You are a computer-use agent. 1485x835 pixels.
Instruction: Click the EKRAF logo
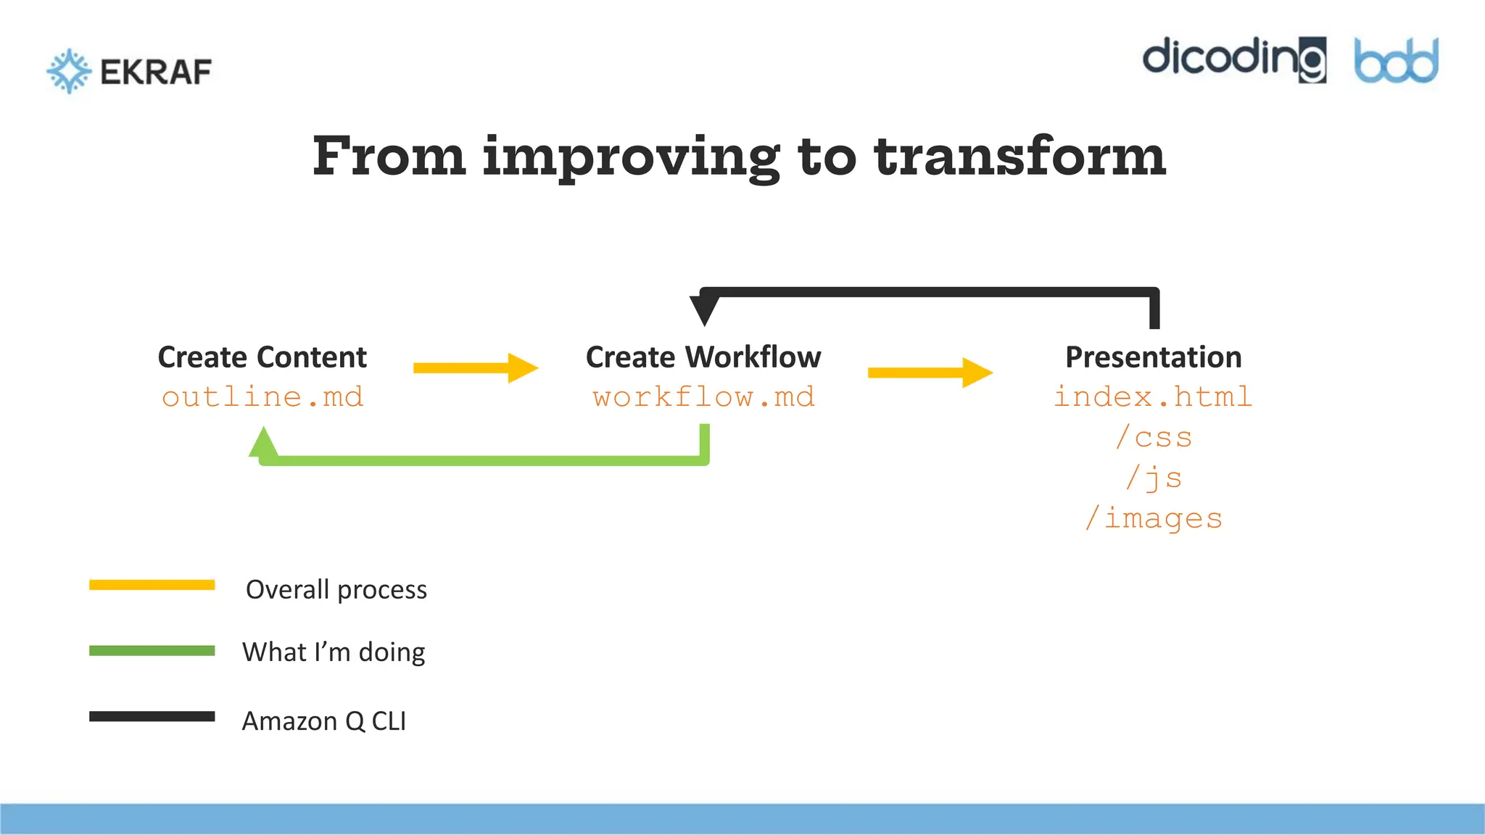[x=129, y=71]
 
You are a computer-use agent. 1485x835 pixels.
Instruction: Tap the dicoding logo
[x=1234, y=59]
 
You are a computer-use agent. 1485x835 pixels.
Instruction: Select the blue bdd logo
[x=1396, y=61]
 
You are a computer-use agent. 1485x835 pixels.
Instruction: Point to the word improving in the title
[x=631, y=158]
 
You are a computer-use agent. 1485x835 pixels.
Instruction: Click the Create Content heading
[x=262, y=357]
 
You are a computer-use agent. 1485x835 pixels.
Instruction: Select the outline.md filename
[x=262, y=397]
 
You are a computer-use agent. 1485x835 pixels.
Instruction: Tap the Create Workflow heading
[x=703, y=357]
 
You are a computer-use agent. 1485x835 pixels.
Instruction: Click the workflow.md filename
[x=703, y=397]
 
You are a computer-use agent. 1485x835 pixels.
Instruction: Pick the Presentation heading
[x=1153, y=357]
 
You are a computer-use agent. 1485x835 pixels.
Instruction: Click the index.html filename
[x=1153, y=397]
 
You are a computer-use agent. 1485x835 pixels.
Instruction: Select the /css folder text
[x=1153, y=438]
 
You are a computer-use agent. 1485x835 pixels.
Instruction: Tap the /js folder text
[x=1153, y=478]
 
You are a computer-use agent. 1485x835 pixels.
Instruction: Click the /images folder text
[x=1153, y=519]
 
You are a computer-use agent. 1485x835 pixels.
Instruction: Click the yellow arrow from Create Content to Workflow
[x=475, y=368]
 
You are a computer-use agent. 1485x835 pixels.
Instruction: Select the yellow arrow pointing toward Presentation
[x=930, y=373]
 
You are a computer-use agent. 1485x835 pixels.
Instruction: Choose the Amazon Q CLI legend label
[x=324, y=721]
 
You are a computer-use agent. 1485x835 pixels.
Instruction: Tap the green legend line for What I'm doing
[x=152, y=651]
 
